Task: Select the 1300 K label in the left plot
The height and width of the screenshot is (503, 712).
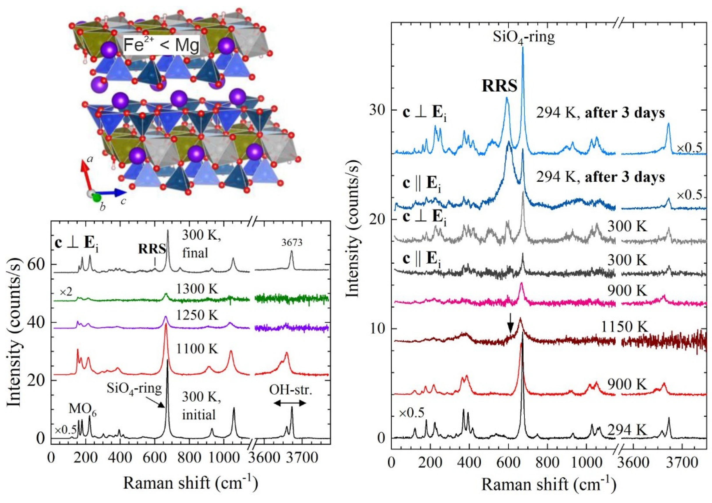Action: point(197,289)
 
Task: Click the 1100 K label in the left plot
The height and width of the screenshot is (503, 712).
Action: point(197,349)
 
